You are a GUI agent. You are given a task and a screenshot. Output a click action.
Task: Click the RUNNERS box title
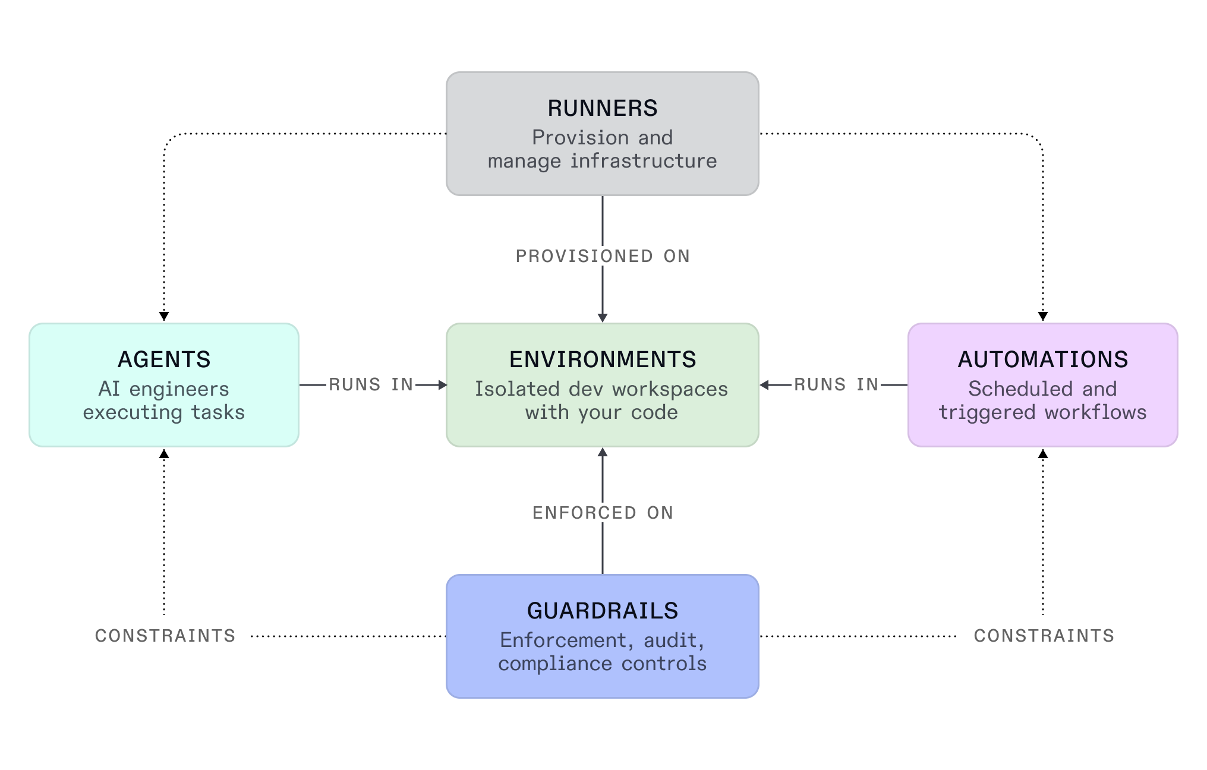tap(602, 108)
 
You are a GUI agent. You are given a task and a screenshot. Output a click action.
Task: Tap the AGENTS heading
tap(164, 359)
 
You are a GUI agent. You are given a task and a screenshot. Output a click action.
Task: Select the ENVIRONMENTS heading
tap(602, 359)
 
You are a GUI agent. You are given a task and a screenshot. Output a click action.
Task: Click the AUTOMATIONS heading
tap(1042, 359)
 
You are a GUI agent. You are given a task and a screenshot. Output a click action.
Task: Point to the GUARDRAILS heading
tap(602, 611)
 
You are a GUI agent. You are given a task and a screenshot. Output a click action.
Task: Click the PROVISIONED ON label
tap(602, 256)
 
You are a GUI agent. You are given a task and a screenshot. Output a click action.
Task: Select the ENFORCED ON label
tap(602, 513)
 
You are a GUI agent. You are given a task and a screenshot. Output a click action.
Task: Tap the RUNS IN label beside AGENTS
tap(371, 384)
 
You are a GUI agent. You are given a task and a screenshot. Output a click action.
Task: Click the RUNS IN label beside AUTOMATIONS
tap(836, 384)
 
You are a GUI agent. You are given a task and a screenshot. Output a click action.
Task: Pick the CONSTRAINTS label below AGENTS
tap(165, 636)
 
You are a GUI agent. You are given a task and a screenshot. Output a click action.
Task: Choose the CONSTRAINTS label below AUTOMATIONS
tap(1044, 636)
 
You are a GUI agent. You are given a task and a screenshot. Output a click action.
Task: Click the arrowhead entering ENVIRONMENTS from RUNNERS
tap(602, 318)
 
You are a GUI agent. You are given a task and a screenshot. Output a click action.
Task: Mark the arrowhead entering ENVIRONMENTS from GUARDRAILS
tap(602, 453)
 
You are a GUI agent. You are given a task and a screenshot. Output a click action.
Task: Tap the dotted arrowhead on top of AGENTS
tap(164, 316)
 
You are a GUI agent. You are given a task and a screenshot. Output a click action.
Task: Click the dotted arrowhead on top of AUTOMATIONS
tap(1042, 316)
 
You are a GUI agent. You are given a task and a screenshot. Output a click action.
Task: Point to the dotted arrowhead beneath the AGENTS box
tap(164, 454)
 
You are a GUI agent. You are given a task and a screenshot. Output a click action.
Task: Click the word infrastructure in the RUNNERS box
tap(644, 161)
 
